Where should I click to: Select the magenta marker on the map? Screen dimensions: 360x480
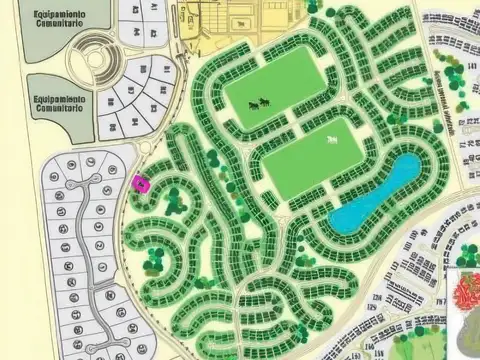140,183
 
